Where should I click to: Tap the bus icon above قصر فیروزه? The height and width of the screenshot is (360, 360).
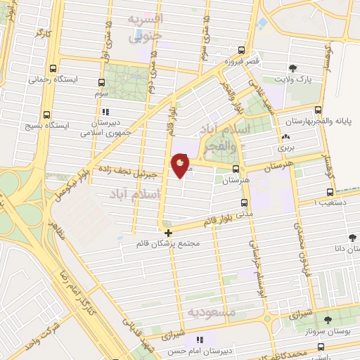coord(241,50)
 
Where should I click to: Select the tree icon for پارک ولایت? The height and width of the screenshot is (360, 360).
coord(292,68)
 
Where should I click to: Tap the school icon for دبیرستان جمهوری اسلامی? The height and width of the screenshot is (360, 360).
coord(105,112)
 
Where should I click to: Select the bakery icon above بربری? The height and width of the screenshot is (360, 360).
coord(285,137)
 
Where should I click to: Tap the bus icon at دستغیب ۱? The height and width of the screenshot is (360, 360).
coord(330,191)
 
